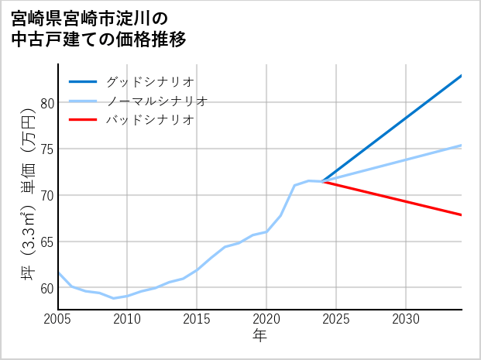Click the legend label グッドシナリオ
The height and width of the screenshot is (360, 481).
150,81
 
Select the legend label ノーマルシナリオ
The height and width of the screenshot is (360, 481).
157,101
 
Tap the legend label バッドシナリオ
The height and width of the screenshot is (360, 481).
150,120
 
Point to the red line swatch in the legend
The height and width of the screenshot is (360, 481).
83,120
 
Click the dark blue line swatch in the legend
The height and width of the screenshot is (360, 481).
83,81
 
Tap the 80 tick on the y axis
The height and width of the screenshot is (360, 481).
46,103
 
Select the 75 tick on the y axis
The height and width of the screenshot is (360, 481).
46,149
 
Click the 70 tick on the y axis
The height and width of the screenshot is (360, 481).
46,195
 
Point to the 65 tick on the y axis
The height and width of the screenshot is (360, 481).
46,242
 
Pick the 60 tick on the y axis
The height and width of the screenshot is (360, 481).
46,288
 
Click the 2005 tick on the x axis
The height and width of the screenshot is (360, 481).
58,319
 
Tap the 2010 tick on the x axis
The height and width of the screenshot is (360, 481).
127,319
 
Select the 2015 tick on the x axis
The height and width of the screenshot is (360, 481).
197,319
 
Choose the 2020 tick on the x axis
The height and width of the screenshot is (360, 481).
266,319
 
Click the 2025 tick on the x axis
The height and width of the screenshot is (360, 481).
336,319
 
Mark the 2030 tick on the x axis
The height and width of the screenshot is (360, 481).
406,319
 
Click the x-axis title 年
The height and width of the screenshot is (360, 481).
260,336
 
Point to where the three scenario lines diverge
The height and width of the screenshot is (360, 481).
322,181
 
